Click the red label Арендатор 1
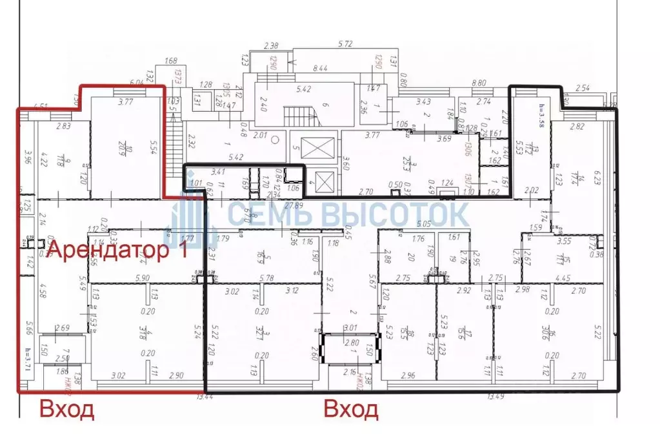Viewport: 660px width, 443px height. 118,251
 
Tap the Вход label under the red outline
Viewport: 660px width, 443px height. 67,409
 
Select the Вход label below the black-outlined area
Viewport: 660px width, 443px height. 350,409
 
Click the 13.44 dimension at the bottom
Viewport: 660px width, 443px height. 206,397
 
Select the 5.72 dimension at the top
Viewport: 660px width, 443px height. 348,45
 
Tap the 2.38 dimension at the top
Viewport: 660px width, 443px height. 272,45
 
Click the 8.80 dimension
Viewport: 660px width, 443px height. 479,83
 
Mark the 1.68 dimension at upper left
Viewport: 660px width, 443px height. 171,61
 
